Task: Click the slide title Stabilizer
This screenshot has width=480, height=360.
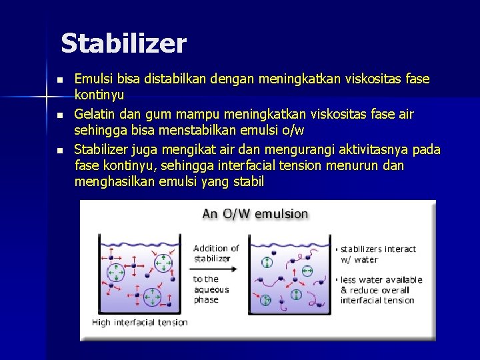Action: click(x=123, y=44)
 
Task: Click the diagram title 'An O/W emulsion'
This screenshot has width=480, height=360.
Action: click(x=255, y=214)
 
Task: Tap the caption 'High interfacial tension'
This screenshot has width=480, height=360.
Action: click(x=139, y=323)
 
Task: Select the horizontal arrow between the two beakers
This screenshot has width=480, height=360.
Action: click(x=216, y=269)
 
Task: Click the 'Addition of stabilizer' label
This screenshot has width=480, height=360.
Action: click(x=216, y=253)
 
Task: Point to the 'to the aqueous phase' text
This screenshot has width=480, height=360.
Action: click(x=211, y=289)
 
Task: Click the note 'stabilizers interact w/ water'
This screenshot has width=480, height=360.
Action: click(x=378, y=254)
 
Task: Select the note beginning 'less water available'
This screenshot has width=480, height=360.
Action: click(x=381, y=290)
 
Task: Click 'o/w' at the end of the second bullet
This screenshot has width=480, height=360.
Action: click(x=294, y=131)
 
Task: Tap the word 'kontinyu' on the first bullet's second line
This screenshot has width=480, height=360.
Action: click(x=98, y=96)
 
